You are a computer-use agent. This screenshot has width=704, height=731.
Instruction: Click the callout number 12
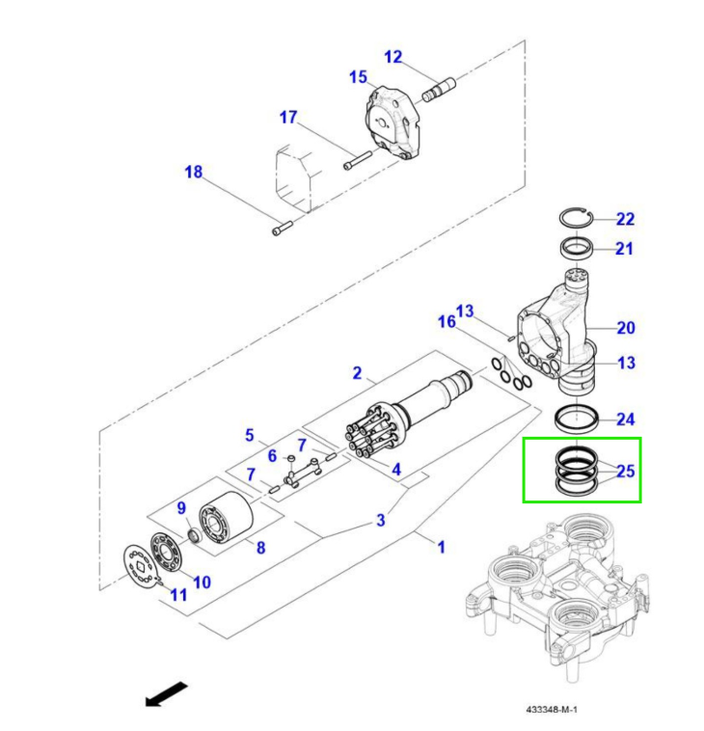(x=393, y=57)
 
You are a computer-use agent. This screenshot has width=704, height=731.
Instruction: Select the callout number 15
(x=358, y=77)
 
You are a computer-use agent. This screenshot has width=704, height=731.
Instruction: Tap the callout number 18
(x=194, y=173)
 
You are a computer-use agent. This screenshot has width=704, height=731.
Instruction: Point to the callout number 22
(x=626, y=219)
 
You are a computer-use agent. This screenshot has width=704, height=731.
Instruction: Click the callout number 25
(x=626, y=472)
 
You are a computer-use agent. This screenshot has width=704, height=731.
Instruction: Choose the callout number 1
(x=441, y=547)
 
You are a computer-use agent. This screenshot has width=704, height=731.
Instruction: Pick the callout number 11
(x=178, y=595)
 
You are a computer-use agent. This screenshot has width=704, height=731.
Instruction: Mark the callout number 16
(x=447, y=321)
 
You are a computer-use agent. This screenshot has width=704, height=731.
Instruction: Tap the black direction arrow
(x=165, y=693)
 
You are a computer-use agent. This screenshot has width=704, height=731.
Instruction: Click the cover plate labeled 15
(x=395, y=123)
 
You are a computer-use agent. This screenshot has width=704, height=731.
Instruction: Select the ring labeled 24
(x=577, y=419)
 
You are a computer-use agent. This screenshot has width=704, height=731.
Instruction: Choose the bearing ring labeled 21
(x=577, y=249)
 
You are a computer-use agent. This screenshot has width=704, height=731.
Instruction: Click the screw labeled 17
(x=357, y=157)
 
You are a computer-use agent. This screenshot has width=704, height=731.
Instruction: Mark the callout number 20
(x=626, y=328)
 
